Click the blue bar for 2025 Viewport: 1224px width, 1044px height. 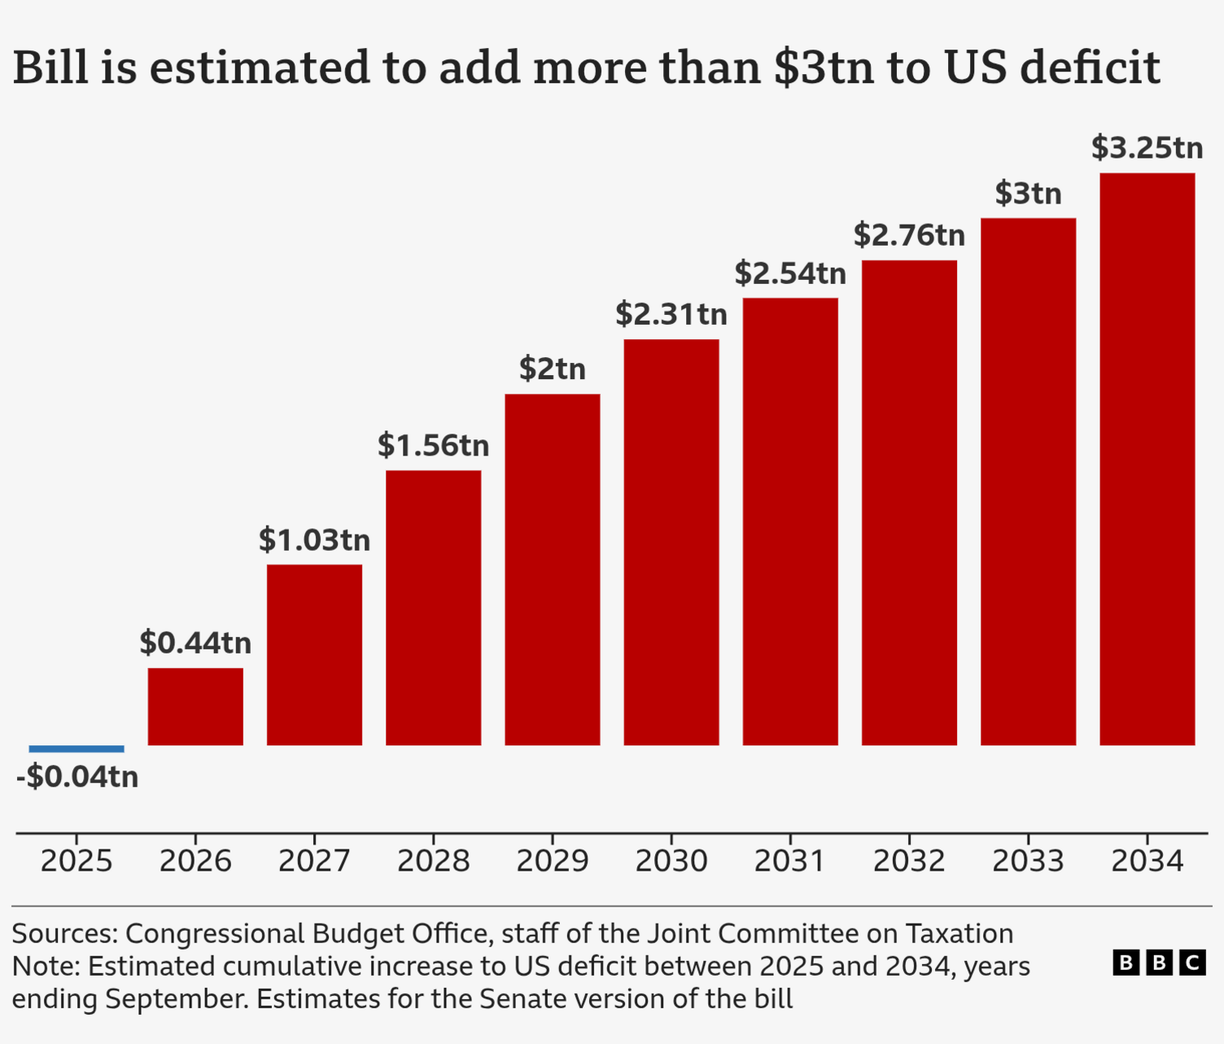[76, 749]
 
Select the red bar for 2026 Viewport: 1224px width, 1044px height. [195, 706]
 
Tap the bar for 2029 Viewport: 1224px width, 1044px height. [553, 570]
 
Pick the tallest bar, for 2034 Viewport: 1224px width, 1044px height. [1147, 459]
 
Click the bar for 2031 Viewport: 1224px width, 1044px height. [790, 522]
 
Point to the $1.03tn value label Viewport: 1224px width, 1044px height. [314, 540]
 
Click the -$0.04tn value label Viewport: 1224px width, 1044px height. [77, 777]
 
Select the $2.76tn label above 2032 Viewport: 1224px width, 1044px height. [909, 235]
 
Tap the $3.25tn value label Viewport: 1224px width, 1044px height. [1147, 148]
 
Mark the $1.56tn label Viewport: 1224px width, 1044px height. [433, 446]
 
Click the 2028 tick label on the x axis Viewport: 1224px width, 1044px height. [433, 861]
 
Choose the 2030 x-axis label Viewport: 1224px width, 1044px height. [671, 861]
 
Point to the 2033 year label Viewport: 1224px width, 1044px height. [1028, 861]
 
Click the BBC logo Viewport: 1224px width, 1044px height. [1159, 963]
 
